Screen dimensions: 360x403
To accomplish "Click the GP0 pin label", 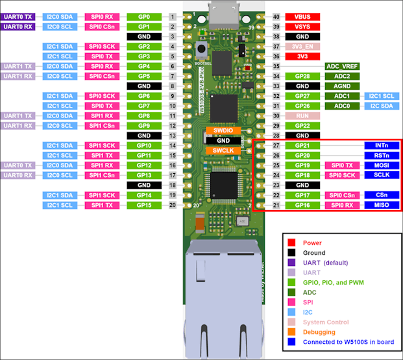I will coord(144,16).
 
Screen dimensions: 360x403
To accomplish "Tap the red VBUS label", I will coord(301,16).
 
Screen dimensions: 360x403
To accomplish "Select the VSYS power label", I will coord(301,27).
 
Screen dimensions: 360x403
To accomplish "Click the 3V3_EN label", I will coord(301,47).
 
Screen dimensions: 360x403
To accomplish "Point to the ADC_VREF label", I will coord(341,66).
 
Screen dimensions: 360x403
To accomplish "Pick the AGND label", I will coord(341,86).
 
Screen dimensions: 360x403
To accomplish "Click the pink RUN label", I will coord(301,115).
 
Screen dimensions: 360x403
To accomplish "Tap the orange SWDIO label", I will coord(223,130).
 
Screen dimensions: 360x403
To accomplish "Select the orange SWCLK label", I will coord(223,150).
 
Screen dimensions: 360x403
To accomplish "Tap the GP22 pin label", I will coord(301,126).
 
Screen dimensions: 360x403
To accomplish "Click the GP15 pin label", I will coord(144,205).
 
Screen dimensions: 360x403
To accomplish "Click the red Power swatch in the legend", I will coord(292,243).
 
